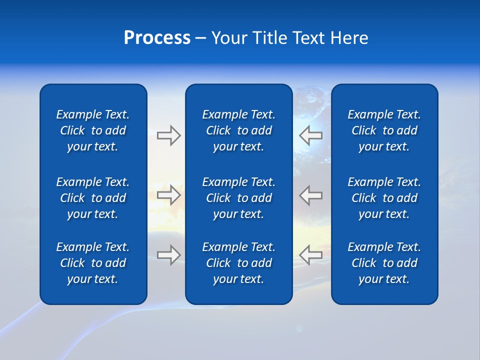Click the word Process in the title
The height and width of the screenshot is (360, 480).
(x=157, y=38)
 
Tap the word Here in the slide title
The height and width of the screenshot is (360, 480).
(x=349, y=38)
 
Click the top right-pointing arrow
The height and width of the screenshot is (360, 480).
(x=168, y=135)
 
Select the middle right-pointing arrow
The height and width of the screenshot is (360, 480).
(x=168, y=195)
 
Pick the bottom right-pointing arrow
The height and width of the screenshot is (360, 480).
(x=168, y=254)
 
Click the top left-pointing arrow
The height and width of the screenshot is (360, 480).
(x=311, y=135)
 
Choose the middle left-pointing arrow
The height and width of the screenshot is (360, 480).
(x=311, y=195)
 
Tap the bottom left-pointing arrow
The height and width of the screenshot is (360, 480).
(x=311, y=254)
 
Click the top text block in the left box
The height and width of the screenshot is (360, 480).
(x=93, y=130)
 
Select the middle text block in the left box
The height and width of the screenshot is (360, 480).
(x=93, y=198)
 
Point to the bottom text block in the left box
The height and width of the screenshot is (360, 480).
(x=93, y=263)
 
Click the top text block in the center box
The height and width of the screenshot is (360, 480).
(x=238, y=130)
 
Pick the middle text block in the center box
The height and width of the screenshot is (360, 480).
(x=238, y=198)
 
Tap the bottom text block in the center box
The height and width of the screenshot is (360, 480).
(x=238, y=263)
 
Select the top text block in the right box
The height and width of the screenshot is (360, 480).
(x=384, y=130)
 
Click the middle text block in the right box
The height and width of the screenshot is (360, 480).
(x=384, y=198)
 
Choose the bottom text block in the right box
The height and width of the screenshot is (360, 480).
(x=384, y=263)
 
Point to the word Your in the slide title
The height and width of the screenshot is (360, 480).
(x=229, y=38)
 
